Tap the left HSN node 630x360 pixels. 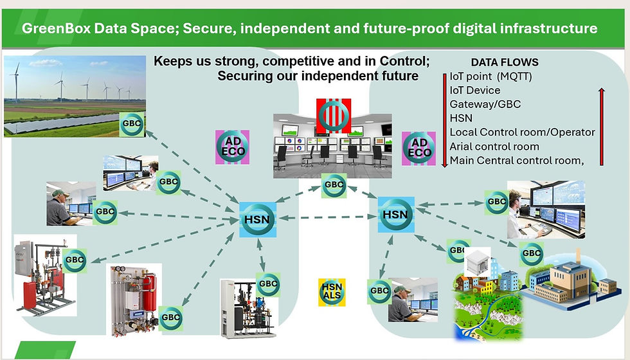coord(257,219)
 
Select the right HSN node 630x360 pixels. coord(395,213)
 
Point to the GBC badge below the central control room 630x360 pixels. coord(334,184)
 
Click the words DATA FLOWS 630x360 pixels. coord(505,63)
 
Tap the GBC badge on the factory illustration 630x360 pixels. coord(532,253)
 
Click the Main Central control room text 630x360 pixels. coord(517,161)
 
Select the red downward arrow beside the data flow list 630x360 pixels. coord(444,120)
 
